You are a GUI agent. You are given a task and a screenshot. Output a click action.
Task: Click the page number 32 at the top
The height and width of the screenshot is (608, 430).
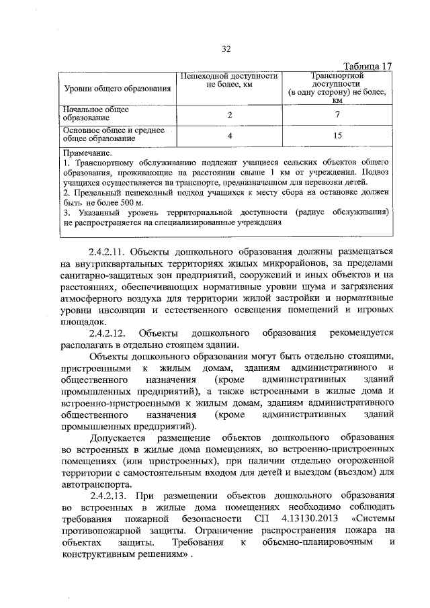226,48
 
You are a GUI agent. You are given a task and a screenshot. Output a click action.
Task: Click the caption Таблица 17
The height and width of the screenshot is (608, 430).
367,67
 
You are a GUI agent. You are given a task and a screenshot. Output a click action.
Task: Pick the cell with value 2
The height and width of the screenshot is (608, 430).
230,115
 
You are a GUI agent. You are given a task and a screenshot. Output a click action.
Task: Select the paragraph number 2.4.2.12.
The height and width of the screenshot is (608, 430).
111,333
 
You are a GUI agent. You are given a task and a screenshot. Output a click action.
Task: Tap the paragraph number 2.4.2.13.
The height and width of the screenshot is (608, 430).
111,496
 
